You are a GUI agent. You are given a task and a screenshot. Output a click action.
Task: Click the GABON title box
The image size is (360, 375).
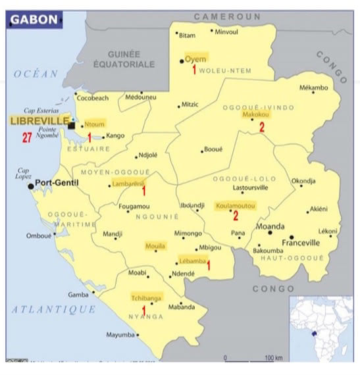(x=35, y=20)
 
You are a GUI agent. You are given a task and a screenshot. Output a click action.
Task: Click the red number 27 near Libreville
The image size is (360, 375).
(x=27, y=137)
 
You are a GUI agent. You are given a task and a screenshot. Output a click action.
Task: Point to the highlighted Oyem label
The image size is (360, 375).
(x=196, y=57)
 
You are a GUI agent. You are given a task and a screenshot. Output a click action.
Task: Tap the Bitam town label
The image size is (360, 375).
(x=188, y=35)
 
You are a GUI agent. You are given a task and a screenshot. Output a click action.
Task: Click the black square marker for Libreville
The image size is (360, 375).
(x=71, y=125)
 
